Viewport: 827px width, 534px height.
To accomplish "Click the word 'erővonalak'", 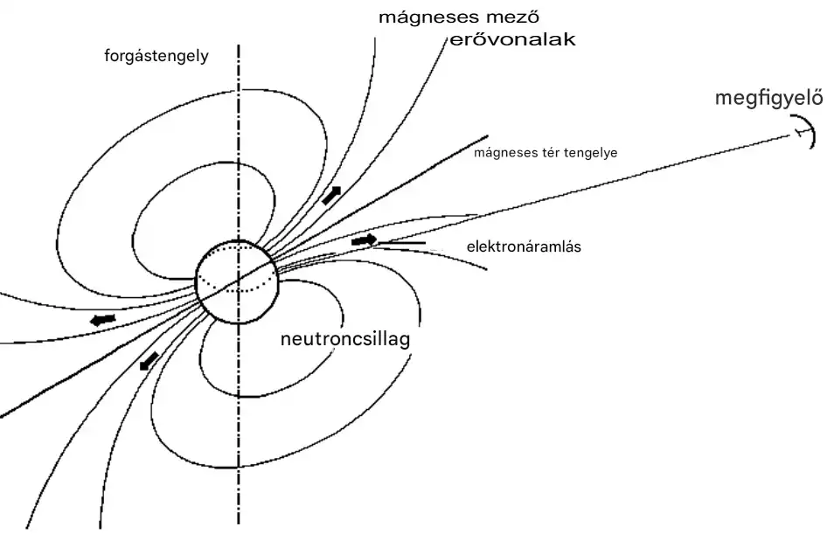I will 511,40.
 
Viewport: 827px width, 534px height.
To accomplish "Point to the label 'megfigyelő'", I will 768,97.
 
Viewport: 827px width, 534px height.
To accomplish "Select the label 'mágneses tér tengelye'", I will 546,152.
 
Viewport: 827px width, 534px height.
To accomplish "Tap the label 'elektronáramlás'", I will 524,246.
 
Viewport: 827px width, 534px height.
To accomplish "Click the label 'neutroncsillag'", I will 344,339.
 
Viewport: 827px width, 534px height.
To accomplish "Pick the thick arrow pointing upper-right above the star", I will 330,196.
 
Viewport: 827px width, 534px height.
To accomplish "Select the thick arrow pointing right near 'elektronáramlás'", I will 364,239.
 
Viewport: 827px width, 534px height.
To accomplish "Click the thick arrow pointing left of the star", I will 102,320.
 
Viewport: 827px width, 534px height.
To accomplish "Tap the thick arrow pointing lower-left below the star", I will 149,359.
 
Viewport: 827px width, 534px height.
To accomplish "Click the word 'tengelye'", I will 593,153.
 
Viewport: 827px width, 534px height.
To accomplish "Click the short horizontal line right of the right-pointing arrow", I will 404,241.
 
